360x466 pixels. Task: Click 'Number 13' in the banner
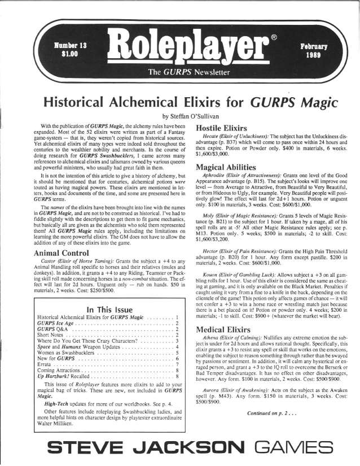point(69,45)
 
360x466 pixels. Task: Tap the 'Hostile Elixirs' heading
point(223,128)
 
